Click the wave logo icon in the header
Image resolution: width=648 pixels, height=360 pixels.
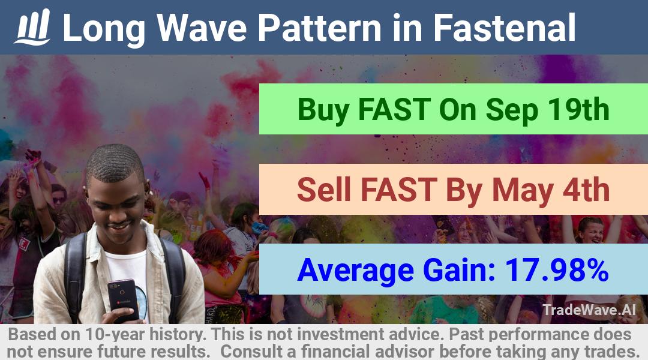32,27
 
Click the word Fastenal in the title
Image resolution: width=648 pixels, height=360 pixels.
504,28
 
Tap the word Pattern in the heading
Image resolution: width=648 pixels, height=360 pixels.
319,28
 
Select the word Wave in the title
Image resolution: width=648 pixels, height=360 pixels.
202,28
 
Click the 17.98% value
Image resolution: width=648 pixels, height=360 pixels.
557,269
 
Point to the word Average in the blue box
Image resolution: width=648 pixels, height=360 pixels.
355,271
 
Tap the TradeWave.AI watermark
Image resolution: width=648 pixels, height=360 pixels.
589,310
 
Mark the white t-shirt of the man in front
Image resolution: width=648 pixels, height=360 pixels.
126,273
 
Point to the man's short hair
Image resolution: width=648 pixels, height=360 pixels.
115,163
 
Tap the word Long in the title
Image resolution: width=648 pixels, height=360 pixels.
104,29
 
